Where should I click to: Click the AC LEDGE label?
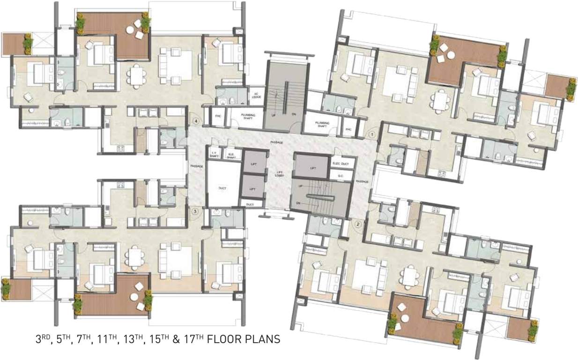pos(256,94)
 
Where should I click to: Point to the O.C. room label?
pos(341,176)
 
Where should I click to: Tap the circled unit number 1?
pos(371,135)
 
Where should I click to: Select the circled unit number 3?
pos(195,211)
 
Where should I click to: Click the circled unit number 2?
pos(358,224)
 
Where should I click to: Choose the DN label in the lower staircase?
pos(298,202)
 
